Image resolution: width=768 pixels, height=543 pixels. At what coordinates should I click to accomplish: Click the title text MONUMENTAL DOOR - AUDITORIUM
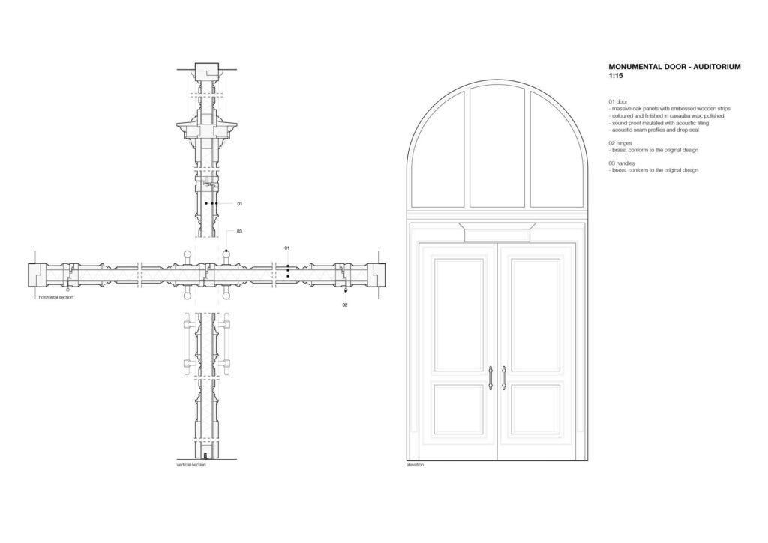pos(674,67)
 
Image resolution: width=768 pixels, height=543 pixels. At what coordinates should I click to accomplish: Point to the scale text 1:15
pos(616,76)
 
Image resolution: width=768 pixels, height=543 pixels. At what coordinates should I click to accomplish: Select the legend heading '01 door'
pos(618,102)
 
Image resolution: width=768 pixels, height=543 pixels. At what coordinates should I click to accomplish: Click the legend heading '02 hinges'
pos(620,143)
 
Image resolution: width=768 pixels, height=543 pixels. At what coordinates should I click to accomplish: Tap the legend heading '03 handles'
pos(622,163)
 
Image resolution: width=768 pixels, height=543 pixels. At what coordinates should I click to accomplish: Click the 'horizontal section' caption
pos(55,297)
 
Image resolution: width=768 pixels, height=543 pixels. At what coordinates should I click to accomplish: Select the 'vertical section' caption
pos(191,465)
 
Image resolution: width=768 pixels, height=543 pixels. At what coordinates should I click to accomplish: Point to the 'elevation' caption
pos(415,465)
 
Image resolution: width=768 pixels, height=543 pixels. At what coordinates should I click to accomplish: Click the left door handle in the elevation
pos(490,379)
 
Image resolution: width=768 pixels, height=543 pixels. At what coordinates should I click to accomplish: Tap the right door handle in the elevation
pos(503,379)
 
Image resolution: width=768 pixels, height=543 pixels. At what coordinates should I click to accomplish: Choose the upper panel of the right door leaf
pos(535,314)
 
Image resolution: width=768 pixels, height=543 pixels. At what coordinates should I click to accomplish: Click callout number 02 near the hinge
pos(345,305)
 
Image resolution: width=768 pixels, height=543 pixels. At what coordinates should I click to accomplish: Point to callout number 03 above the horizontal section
pos(239,232)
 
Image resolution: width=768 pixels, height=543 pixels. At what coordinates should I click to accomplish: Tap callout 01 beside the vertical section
pos(239,204)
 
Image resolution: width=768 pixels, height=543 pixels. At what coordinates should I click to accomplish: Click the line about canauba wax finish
pos(666,116)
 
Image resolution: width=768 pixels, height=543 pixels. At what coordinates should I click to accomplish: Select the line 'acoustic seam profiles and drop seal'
pos(654,130)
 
